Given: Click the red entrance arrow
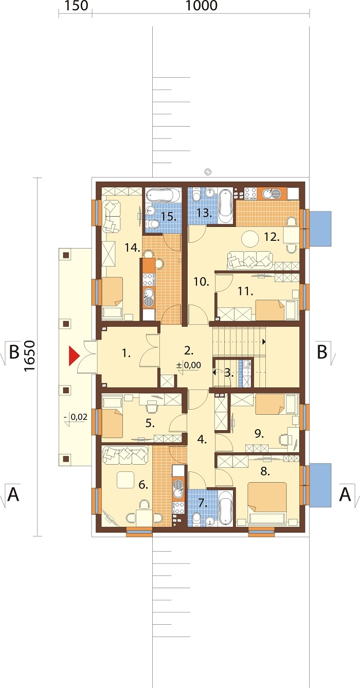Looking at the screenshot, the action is pos(74,356).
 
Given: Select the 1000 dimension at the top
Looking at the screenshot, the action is pos(202,6).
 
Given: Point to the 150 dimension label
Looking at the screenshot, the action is pos(76,6).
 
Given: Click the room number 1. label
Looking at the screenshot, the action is pos(126,354).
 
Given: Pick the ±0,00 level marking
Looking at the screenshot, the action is pos(188,365).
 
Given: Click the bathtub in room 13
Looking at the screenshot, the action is pos(226,206).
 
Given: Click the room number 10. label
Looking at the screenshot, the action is pos(201,281).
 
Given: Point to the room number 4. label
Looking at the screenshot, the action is pos(202,440).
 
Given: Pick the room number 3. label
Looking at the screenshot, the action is pos(228,373).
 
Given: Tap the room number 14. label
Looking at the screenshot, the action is pos(133,248).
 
